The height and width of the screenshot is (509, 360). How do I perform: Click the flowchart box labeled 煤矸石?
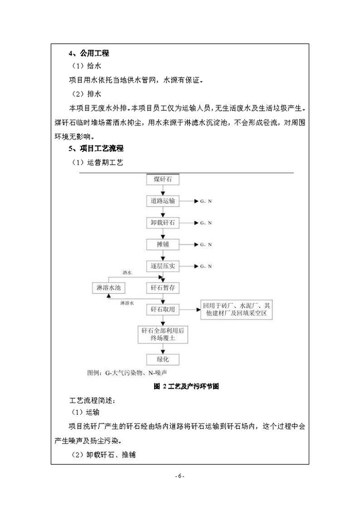coord(162,180)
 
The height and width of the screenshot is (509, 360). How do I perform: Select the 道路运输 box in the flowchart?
coord(162,200)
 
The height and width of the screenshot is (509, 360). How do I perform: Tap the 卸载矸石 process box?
coord(162,222)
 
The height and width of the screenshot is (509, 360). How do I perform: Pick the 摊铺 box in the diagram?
coord(162,244)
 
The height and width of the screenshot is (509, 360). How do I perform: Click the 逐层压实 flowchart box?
coord(162,266)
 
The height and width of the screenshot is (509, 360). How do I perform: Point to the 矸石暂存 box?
coord(162,288)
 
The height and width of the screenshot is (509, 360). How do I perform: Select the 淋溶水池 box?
coord(108,288)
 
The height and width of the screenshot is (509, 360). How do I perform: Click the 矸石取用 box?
coord(162,309)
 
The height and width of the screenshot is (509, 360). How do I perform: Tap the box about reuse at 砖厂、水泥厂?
coord(235,309)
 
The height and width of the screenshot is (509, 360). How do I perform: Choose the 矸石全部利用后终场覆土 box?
coord(162,334)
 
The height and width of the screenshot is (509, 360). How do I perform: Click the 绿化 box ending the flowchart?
coord(162,360)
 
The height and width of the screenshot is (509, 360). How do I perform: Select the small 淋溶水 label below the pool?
coord(127,302)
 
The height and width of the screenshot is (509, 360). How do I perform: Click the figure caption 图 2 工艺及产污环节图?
coord(180,387)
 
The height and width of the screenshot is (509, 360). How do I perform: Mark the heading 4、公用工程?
coord(88,53)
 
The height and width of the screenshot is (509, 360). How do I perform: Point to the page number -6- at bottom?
coord(180,475)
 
